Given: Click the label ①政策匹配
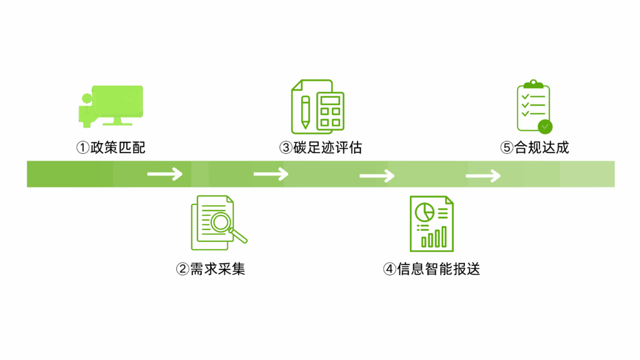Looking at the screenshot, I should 111,148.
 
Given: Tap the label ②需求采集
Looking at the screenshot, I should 211,269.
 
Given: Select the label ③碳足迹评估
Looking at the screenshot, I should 321,148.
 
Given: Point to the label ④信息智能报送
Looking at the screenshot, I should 431,269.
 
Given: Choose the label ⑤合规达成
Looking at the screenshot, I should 534,148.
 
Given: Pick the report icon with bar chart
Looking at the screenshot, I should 431,223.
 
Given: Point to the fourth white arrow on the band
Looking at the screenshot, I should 483,176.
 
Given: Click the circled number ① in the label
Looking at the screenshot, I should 82,148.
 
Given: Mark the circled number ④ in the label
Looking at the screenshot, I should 389,269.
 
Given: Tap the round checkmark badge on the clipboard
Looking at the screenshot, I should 546,127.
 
